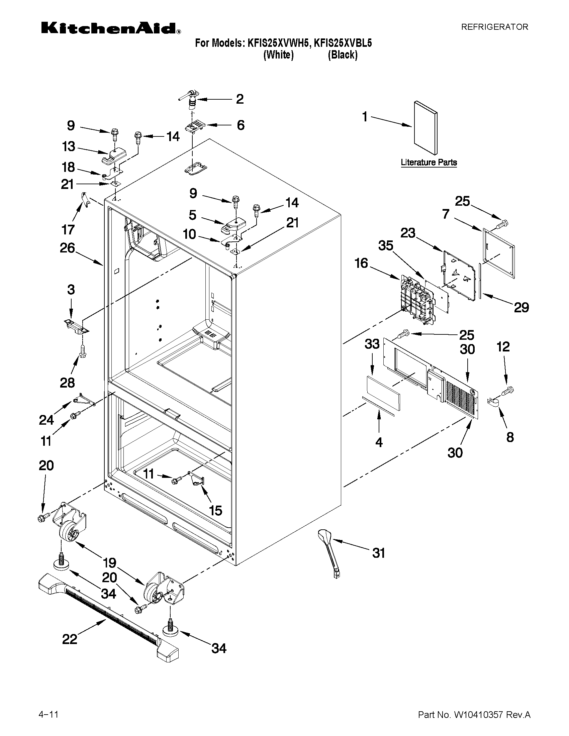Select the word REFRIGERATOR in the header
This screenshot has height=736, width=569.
coord(494,27)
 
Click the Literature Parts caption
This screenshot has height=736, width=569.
coord(429,163)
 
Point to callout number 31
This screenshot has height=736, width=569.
coord(378,553)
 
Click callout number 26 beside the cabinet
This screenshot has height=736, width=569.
coord(67,248)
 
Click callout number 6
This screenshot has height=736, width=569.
coord(240,125)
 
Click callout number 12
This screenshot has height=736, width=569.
coord(503,347)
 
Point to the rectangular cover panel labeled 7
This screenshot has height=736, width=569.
coord(499,253)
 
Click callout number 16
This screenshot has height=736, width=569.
coord(361,263)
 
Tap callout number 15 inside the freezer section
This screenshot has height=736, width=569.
coord(215,510)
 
